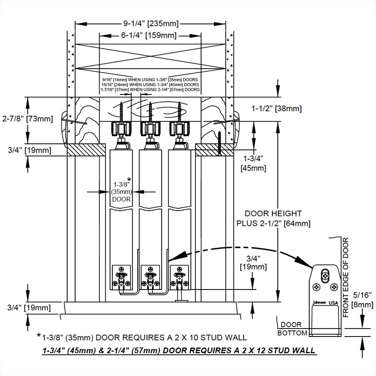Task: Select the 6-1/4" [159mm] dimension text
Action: pos(149,35)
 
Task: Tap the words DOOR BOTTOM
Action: pos(291,329)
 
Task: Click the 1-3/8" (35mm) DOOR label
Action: pos(121,191)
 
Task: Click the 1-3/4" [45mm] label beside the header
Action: pos(253,163)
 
